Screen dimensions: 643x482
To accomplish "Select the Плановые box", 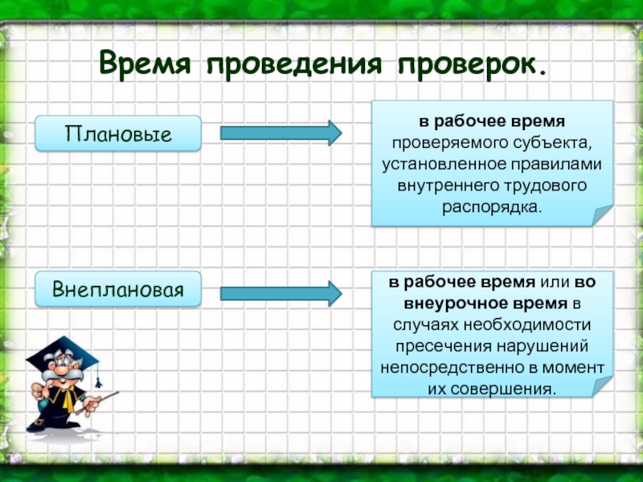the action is click(118, 133).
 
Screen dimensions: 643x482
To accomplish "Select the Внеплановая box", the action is click(118, 288).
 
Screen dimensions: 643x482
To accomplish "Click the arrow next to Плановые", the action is click(281, 133).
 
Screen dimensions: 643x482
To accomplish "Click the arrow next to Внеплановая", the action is click(281, 292).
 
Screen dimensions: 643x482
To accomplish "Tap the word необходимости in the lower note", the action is click(535, 325).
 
